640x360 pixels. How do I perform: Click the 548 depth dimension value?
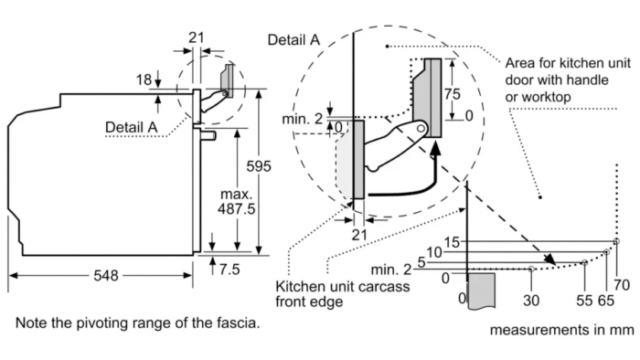(106, 276)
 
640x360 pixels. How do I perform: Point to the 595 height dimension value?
(259, 166)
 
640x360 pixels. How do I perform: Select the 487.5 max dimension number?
(236, 208)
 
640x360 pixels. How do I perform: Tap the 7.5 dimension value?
(229, 269)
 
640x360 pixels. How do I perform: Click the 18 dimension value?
(144, 79)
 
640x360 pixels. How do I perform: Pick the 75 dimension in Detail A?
(453, 94)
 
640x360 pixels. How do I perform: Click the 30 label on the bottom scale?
(531, 301)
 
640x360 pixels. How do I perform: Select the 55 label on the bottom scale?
(584, 301)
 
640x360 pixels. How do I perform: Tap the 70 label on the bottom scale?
(622, 284)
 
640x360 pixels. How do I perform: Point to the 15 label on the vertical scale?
(452, 242)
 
